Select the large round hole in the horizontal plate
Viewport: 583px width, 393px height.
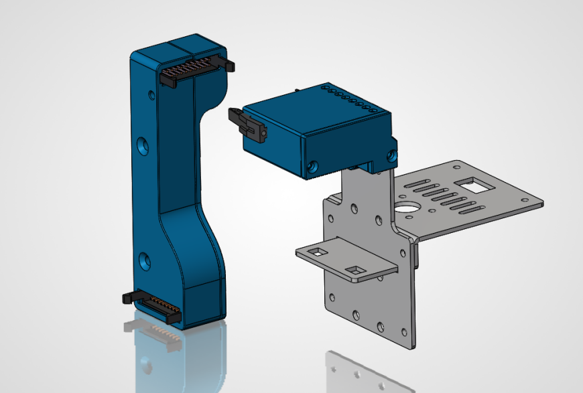point(406,205)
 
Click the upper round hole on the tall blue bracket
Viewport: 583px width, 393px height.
point(141,145)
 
